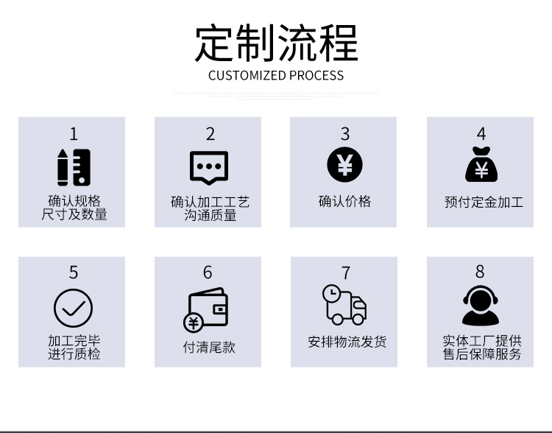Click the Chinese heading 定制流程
click(x=276, y=43)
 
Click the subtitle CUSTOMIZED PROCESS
click(x=276, y=75)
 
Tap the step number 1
click(x=73, y=133)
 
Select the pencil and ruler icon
click(x=74, y=167)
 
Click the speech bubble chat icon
click(x=209, y=168)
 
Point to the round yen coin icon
click(x=344, y=165)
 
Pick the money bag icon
click(x=481, y=165)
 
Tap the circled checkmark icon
click(x=73, y=307)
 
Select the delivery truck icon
click(x=344, y=304)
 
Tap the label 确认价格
click(x=344, y=201)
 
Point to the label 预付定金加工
click(x=484, y=201)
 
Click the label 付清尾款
click(x=209, y=347)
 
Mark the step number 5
click(x=73, y=272)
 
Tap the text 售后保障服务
click(x=482, y=354)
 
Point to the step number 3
click(x=344, y=133)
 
